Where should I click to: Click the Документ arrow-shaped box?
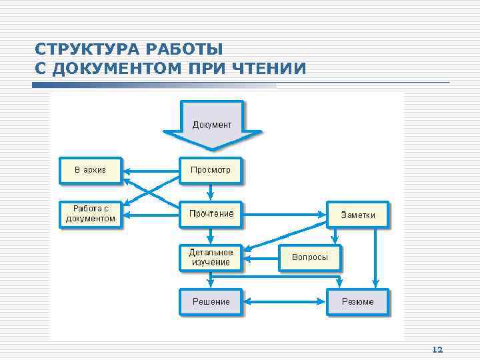click(x=212, y=124)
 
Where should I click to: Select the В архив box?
click(x=91, y=170)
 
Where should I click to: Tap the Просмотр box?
click(x=211, y=170)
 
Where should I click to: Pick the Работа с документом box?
click(x=91, y=214)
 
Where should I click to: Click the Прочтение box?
click(x=211, y=214)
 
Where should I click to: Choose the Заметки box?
click(x=358, y=215)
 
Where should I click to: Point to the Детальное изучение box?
click(x=211, y=257)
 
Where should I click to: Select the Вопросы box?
click(x=309, y=257)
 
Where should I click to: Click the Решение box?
click(x=211, y=302)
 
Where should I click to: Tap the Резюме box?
click(x=358, y=302)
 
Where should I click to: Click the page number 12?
click(x=437, y=349)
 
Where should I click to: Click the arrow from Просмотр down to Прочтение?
click(x=211, y=192)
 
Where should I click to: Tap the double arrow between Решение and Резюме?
click(x=285, y=302)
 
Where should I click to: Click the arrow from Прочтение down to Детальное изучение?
click(x=211, y=235)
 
